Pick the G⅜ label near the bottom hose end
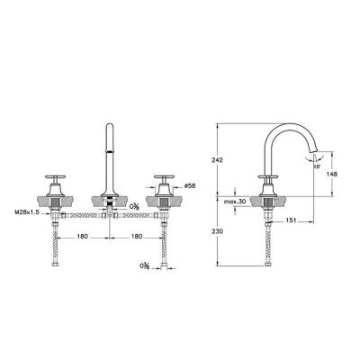pos(145,266)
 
